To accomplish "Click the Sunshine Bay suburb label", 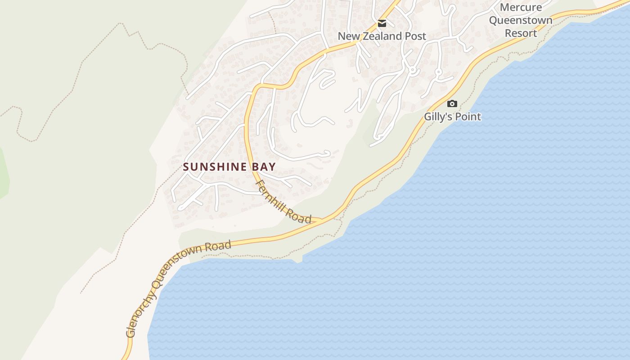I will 229,167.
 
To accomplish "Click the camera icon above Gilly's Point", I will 452,104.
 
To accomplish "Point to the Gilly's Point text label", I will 452,117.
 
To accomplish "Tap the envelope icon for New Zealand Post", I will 382,23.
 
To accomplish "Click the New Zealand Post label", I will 382,36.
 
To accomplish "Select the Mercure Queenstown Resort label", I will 521,20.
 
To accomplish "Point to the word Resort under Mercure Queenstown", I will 521,33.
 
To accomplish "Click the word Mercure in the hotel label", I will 521,8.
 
